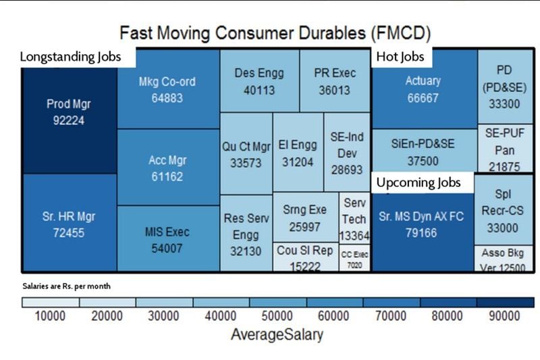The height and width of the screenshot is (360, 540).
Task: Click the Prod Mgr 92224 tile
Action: pyautogui.click(x=69, y=112)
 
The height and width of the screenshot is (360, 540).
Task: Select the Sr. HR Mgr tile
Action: pyautogui.click(x=69, y=225)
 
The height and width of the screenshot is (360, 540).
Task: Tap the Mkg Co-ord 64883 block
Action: pyautogui.click(x=167, y=89)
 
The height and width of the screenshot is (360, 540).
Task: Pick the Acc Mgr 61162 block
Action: pyautogui.click(x=167, y=168)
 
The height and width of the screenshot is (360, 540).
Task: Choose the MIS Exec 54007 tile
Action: pyautogui.click(x=167, y=239)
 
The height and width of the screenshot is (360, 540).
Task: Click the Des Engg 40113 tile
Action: pyautogui.click(x=259, y=80)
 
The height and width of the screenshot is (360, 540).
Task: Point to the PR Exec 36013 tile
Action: pyautogui.click(x=335, y=80)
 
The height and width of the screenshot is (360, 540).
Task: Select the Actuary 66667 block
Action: pyautogui.click(x=423, y=88)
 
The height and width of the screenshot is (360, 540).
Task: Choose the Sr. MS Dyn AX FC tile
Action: pyautogui.click(x=423, y=225)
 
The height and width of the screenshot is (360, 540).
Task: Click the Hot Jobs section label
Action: pyautogui.click(x=400, y=57)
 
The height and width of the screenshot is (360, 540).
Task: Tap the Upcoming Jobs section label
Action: pyautogui.click(x=418, y=182)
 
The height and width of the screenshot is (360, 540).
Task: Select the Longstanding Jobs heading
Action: pyautogui.click(x=70, y=57)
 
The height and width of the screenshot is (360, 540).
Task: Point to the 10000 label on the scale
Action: pyautogui.click(x=50, y=316)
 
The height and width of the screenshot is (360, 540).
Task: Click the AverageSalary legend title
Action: pyautogui.click(x=277, y=334)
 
